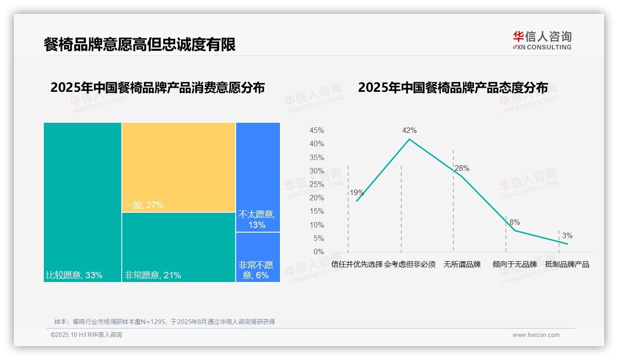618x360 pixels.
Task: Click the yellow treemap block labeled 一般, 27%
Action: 178,167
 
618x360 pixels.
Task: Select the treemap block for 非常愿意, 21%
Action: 178,247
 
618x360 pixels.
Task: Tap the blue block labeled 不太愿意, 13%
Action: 258,177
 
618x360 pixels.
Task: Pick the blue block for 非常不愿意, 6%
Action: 258,257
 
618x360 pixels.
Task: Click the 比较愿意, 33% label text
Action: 74,276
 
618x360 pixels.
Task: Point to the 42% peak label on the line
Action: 409,131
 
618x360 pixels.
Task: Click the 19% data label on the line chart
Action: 357,193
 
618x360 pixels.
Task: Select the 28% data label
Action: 462,168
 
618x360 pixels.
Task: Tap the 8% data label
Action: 515,222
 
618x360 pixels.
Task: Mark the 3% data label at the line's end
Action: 567,236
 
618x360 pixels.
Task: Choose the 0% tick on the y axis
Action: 319,252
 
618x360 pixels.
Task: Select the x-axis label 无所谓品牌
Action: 462,264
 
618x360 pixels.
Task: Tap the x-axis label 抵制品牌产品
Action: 567,264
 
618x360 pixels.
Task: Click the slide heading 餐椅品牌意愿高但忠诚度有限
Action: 140,45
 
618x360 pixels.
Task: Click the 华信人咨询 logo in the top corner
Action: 542,40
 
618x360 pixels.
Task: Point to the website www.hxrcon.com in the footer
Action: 536,335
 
